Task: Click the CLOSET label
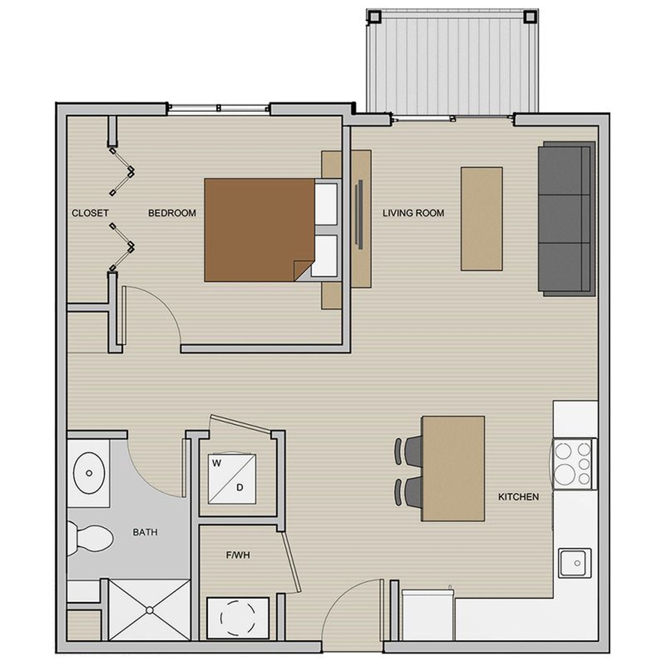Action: click(90, 213)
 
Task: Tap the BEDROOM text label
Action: click(172, 213)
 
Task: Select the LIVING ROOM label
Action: click(413, 213)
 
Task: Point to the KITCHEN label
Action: click(519, 497)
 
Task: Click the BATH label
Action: click(145, 532)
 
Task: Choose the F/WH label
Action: click(238, 555)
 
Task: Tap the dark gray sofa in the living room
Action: click(564, 219)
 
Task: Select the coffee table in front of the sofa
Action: click(482, 219)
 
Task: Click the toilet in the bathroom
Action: click(93, 539)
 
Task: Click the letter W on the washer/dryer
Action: click(217, 463)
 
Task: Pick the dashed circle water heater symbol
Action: click(237, 618)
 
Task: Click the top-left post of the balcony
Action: click(374, 16)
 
